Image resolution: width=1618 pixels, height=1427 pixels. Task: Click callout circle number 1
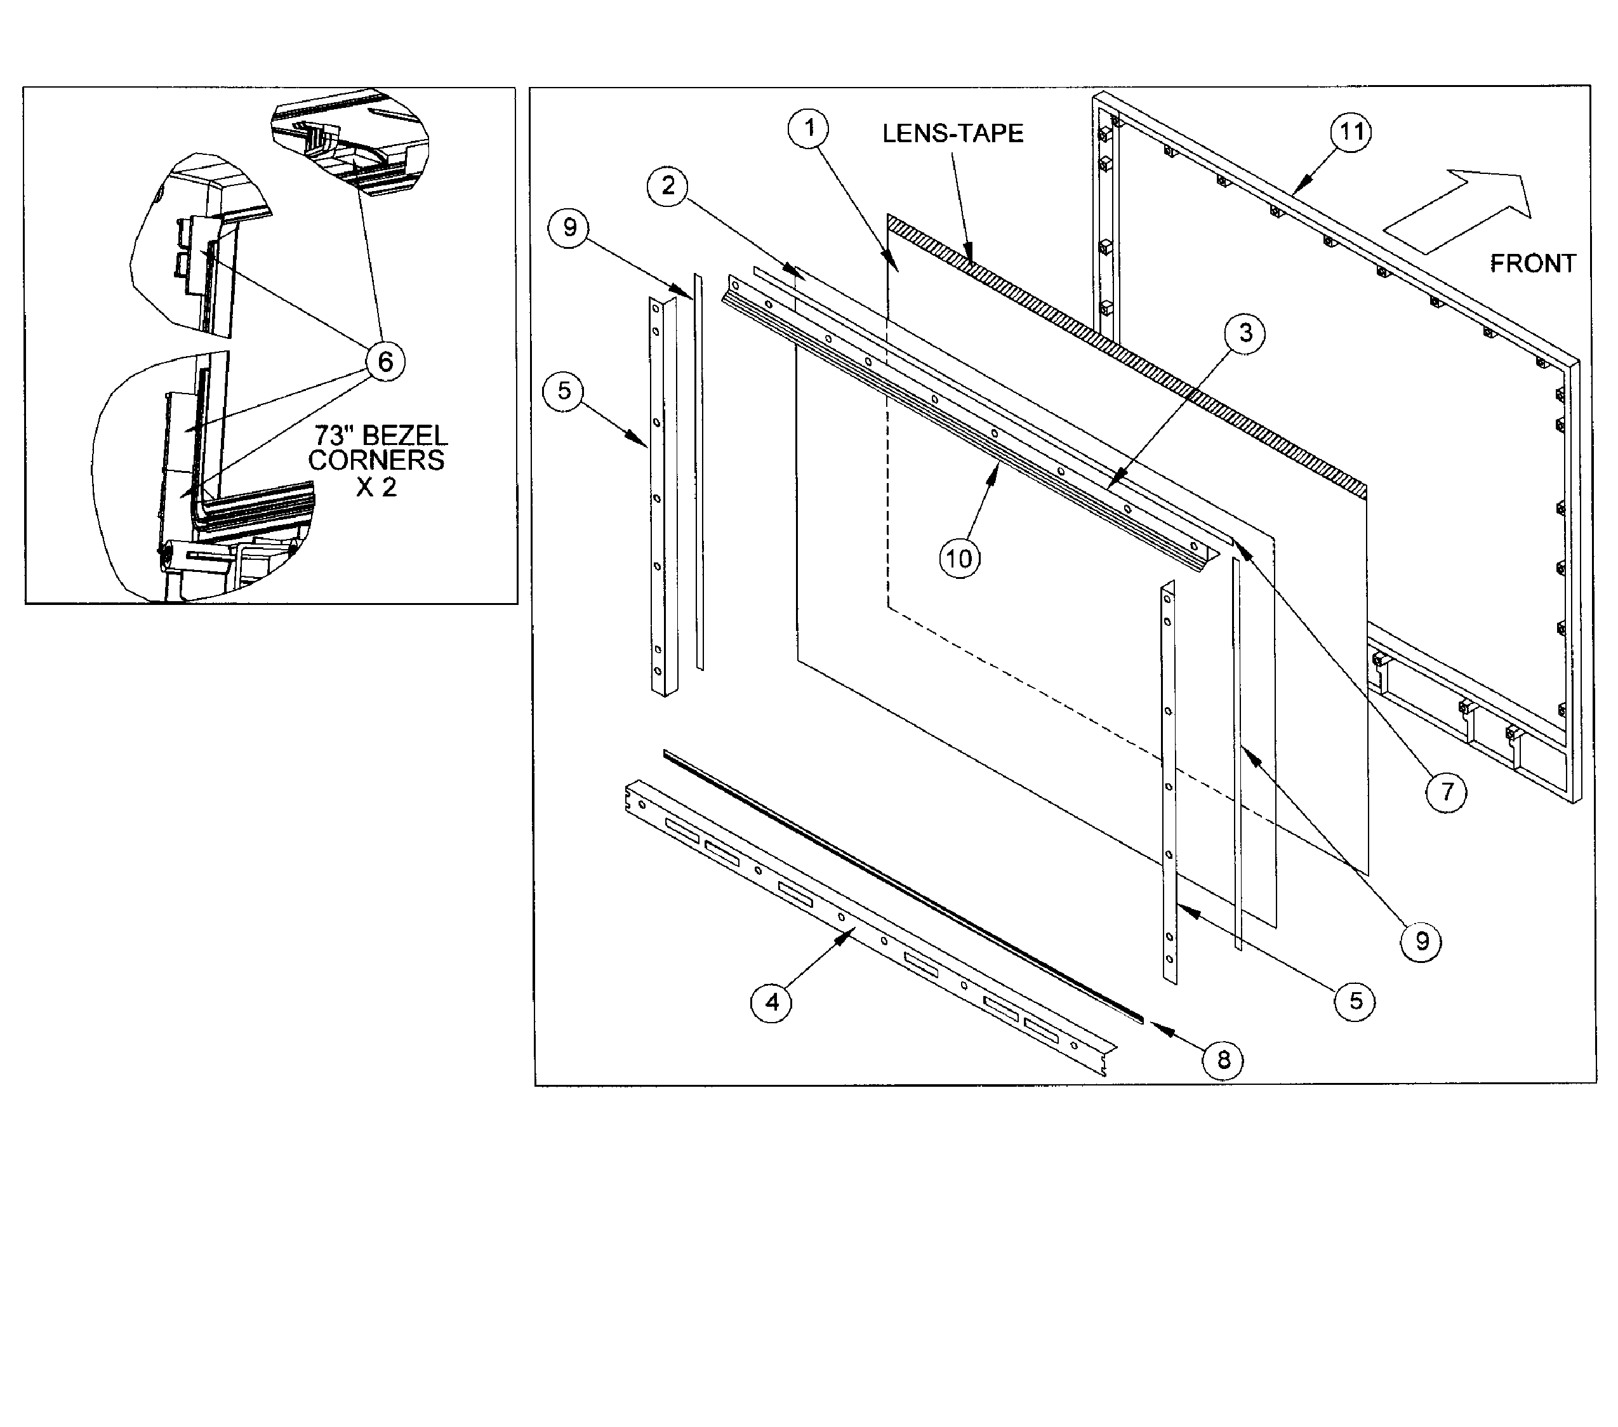click(808, 128)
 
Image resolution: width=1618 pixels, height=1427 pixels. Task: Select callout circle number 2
click(668, 186)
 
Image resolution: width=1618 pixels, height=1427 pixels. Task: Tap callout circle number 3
click(1245, 333)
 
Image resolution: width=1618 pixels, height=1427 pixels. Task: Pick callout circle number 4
click(771, 1003)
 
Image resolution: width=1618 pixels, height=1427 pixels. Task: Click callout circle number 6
click(385, 362)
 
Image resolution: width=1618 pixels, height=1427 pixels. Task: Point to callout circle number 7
click(1446, 792)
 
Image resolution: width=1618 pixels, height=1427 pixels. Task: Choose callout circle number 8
click(1223, 1059)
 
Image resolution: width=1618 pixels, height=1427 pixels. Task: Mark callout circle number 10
click(959, 559)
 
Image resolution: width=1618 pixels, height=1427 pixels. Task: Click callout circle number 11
click(1351, 131)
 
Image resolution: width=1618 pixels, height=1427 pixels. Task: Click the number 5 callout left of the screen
click(564, 391)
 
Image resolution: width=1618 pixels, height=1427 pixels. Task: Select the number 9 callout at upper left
click(569, 228)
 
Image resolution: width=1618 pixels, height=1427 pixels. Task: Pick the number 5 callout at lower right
click(1355, 1001)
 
